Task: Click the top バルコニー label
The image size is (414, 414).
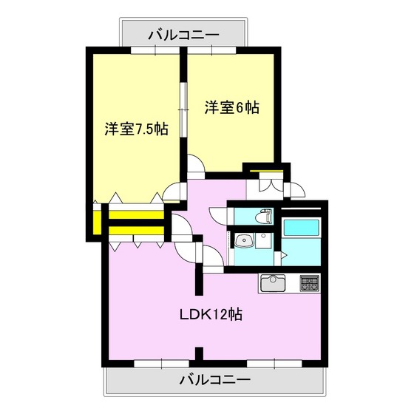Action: coord(183,33)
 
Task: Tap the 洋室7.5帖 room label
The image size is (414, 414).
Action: coord(135,129)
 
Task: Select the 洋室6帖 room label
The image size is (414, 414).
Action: coord(231,107)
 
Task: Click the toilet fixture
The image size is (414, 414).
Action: coord(262,217)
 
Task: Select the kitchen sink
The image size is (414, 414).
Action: coord(273,282)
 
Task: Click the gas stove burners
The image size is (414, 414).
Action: coord(308,282)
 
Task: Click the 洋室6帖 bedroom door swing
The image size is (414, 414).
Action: coord(194,165)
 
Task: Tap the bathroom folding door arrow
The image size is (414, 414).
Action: coord(285,254)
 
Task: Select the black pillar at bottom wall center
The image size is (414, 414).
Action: coord(198,353)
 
